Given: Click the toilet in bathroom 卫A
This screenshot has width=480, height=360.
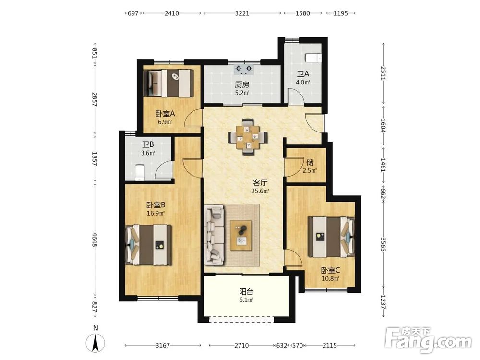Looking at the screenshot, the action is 313,58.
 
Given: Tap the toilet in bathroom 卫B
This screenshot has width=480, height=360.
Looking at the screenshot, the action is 139,173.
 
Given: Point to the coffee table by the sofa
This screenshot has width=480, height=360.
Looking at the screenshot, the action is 241,235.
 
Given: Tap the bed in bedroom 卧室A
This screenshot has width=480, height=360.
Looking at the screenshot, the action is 168,83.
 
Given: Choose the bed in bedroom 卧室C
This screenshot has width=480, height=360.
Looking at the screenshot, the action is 331,237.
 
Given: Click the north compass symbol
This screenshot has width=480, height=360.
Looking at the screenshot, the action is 96,343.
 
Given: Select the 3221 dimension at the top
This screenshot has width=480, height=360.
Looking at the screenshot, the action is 242,13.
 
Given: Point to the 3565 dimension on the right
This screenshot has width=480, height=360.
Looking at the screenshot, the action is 383,244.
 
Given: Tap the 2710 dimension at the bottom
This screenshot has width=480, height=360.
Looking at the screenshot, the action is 241,345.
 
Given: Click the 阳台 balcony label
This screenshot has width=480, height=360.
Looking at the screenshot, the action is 246,292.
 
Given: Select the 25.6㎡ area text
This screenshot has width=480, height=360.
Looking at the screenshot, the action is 260,192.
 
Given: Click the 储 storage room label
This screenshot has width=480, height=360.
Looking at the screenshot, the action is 310,162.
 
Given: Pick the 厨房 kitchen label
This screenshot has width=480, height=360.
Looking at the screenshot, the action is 242,84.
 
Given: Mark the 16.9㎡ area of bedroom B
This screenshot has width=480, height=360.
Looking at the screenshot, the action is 156,213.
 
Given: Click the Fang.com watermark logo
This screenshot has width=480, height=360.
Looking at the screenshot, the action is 428,340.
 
